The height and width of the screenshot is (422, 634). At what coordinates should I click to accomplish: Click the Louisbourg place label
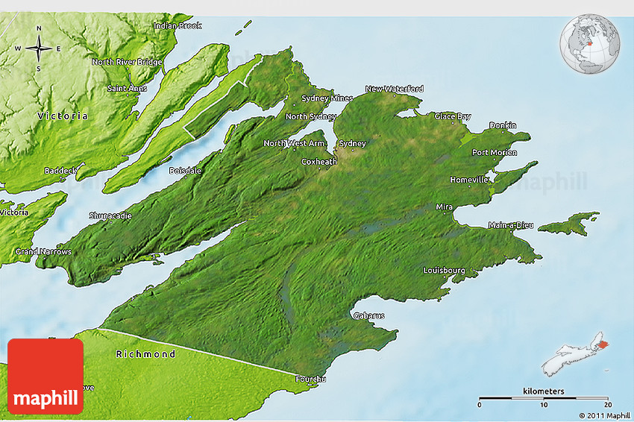pos(444,270)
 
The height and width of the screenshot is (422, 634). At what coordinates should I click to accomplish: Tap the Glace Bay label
pos(453,116)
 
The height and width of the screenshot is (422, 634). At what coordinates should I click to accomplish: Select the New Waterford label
pos(394,89)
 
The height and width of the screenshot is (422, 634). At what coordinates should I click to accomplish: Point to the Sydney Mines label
pos(327,98)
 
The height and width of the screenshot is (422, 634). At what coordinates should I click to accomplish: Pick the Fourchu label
pos(310,380)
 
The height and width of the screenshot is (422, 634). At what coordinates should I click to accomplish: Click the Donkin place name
pos(503,125)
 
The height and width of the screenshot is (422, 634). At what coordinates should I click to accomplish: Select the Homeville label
pos(469,180)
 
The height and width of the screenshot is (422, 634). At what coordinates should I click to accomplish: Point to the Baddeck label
pos(60,171)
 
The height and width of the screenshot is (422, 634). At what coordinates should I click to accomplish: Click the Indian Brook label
pos(178,26)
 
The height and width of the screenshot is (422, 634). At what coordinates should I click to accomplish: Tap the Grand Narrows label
pos(43,252)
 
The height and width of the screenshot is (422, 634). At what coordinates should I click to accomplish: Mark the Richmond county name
pos(145,354)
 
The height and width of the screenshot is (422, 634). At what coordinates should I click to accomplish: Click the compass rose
pos(39,49)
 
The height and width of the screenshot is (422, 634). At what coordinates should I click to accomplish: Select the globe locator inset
pos(589,42)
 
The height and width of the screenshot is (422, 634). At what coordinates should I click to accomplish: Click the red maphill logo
pos(45,376)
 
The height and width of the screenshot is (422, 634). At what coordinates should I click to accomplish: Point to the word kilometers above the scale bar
pos(544,391)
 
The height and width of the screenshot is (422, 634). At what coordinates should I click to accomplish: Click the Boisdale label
pos(185,171)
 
